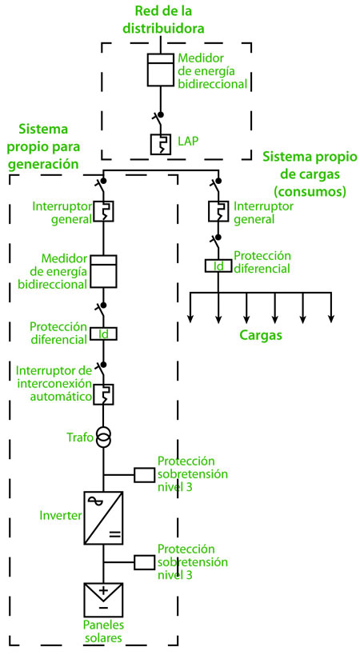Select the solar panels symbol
click(103, 600)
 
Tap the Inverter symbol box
click(103, 518)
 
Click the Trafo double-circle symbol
click(103, 437)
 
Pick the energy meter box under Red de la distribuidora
click(161, 70)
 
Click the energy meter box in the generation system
click(103, 271)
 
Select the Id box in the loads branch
click(218, 266)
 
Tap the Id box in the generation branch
click(103, 333)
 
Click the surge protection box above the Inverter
click(145, 475)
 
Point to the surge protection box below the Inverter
click(145, 562)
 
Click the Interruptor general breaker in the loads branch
click(218, 211)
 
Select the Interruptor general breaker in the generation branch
click(103, 211)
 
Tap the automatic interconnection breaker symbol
click(103, 394)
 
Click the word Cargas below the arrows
click(261, 335)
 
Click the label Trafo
click(80, 437)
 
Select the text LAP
click(188, 142)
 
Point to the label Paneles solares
click(102, 631)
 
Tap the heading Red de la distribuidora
click(164, 19)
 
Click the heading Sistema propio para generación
click(44, 146)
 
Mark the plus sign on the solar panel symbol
click(103, 591)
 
